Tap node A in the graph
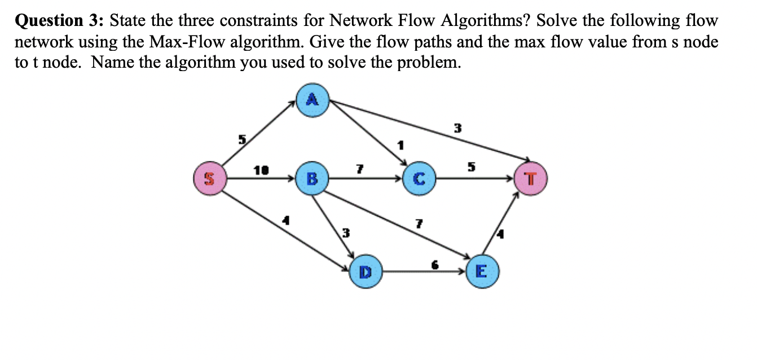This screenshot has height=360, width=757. (312, 100)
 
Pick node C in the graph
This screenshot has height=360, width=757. (418, 179)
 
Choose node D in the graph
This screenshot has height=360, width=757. (364, 273)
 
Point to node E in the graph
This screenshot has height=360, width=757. (481, 273)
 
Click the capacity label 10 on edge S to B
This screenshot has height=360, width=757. (261, 169)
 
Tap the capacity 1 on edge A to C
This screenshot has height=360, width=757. (401, 145)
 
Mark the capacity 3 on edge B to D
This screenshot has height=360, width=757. (347, 232)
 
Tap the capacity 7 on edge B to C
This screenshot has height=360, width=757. (358, 169)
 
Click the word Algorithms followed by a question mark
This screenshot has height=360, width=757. (488, 21)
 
